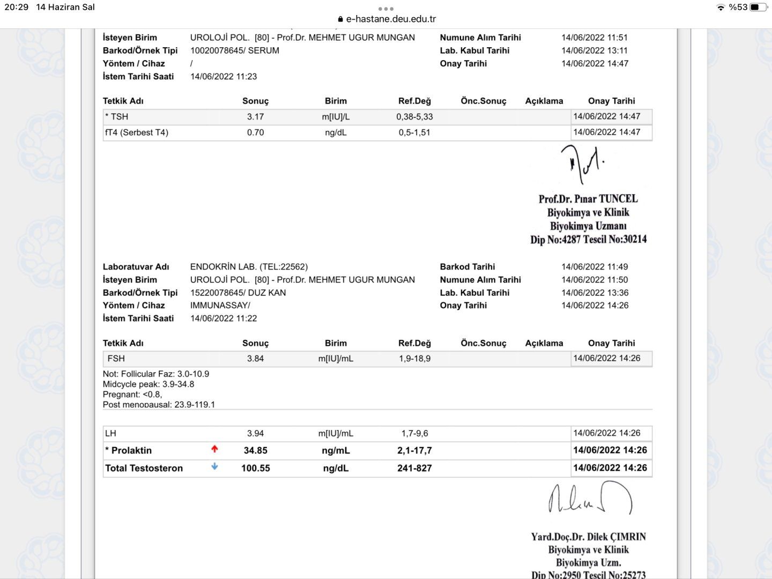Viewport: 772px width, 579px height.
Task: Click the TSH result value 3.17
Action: tap(255, 117)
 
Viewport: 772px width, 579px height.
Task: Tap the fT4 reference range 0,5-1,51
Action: tap(414, 132)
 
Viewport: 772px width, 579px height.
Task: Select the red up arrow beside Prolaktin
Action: tap(214, 449)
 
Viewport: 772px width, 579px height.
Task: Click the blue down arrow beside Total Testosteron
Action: tap(214, 467)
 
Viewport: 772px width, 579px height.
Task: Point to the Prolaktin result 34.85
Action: tap(255, 450)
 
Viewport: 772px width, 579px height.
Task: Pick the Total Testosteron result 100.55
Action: tap(255, 468)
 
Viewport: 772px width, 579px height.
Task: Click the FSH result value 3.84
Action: tap(255, 359)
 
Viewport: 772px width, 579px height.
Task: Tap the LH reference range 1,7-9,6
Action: tap(414, 433)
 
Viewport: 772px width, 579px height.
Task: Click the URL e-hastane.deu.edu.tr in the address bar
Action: tap(391, 19)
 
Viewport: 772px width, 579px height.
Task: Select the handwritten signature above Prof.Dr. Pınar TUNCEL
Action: tap(583, 163)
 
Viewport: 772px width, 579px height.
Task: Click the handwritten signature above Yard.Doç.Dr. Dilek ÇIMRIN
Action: tap(590, 499)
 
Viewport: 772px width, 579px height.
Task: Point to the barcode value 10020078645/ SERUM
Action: tap(235, 50)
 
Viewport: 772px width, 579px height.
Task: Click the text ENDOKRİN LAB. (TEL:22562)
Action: tap(249, 266)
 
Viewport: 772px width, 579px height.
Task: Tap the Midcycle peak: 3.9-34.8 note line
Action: tap(149, 384)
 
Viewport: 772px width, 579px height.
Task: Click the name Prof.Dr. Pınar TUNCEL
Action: tap(588, 199)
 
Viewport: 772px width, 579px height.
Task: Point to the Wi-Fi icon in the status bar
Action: tap(721, 7)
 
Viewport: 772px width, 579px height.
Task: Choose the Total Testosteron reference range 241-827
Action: tap(414, 468)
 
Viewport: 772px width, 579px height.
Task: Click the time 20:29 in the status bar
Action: tap(17, 7)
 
